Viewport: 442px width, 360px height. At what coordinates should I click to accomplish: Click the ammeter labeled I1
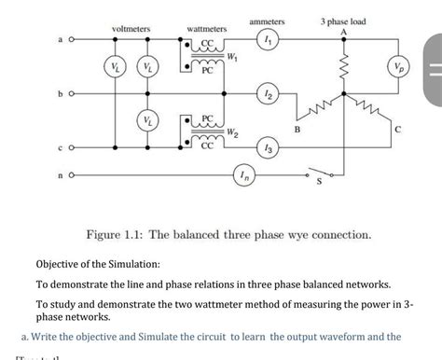click(269, 40)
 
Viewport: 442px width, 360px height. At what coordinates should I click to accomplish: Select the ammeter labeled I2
click(269, 96)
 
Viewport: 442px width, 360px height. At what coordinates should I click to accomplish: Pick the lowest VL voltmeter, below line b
click(146, 120)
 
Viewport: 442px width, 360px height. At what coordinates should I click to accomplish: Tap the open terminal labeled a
click(70, 41)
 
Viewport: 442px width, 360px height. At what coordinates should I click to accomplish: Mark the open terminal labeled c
click(70, 147)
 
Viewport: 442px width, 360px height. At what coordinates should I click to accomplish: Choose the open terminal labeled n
click(70, 173)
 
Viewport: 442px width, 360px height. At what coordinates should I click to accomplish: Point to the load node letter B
click(298, 141)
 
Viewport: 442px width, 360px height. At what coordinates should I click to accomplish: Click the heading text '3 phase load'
click(342, 21)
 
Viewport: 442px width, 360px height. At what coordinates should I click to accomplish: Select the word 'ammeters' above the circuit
click(268, 21)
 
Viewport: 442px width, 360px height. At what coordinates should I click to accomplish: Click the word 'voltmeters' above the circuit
click(131, 30)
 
